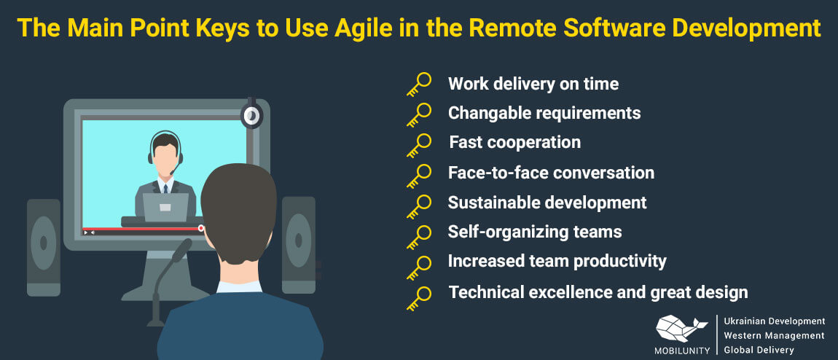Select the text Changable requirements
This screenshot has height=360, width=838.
click(544, 113)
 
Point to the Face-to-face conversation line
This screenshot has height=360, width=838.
click(551, 173)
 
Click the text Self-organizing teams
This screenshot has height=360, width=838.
click(535, 232)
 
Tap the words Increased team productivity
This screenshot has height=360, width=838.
click(557, 261)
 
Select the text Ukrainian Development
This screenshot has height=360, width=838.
click(774, 321)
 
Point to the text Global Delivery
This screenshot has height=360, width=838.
click(759, 351)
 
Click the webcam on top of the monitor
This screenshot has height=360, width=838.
click(251, 114)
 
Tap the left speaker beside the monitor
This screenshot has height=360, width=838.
click(43, 247)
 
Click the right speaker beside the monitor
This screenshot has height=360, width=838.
click(298, 245)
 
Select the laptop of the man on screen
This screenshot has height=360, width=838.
click(165, 207)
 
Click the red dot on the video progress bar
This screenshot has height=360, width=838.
click(201, 228)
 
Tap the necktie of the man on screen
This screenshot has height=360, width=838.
click(165, 189)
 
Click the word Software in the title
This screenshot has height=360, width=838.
click(607, 28)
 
